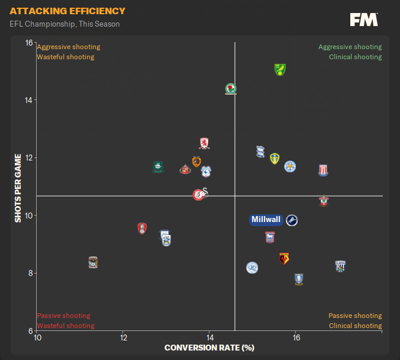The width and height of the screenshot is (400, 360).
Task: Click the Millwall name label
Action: [266, 220]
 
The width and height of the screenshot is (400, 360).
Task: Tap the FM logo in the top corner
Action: [364, 20]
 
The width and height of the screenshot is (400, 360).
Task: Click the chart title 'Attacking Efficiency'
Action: [67, 11]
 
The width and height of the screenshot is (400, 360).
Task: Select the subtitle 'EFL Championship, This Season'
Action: [64, 24]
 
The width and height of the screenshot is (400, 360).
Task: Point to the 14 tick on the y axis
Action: [28, 100]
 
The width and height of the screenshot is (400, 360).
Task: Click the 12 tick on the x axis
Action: [123, 337]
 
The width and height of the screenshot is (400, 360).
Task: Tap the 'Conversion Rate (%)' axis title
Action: [209, 348]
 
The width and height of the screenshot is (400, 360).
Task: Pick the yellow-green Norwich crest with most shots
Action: [280, 69]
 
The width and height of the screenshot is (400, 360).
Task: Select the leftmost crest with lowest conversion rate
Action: [92, 262]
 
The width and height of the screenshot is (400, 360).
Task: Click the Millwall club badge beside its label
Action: [292, 220]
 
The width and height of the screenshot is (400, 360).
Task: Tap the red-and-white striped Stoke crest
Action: [322, 171]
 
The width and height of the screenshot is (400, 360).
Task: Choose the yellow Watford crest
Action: [284, 259]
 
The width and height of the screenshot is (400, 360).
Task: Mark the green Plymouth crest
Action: [158, 167]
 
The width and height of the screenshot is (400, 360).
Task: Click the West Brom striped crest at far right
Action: [340, 266]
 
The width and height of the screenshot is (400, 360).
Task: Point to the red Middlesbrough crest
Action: [205, 143]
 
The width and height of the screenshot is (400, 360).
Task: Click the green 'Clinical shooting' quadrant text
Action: [355, 57]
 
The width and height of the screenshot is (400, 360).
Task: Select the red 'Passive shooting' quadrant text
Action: [64, 316]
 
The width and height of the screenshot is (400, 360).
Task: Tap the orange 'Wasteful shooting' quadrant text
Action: [66, 57]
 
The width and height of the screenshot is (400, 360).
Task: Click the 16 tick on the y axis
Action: [28, 43]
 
